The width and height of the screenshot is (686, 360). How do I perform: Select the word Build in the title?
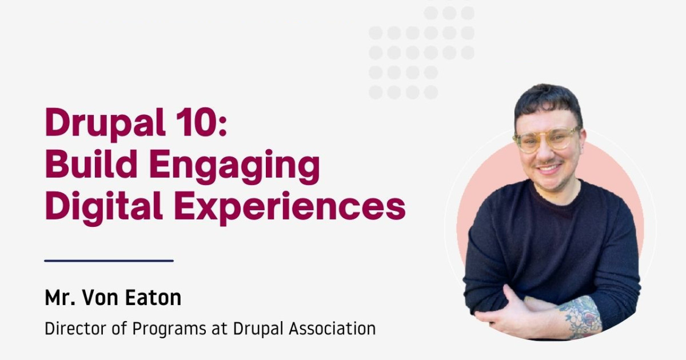[91, 163]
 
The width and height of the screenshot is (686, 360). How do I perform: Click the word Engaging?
[234, 167]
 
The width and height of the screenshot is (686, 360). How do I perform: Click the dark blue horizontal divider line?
[109, 261]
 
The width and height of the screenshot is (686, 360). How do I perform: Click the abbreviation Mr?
[60, 297]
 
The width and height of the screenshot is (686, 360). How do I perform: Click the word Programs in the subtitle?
[169, 329]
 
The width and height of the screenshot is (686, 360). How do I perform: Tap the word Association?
[332, 328]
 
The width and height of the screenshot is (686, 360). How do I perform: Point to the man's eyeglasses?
[547, 139]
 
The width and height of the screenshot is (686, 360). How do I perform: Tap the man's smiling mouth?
[549, 169]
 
